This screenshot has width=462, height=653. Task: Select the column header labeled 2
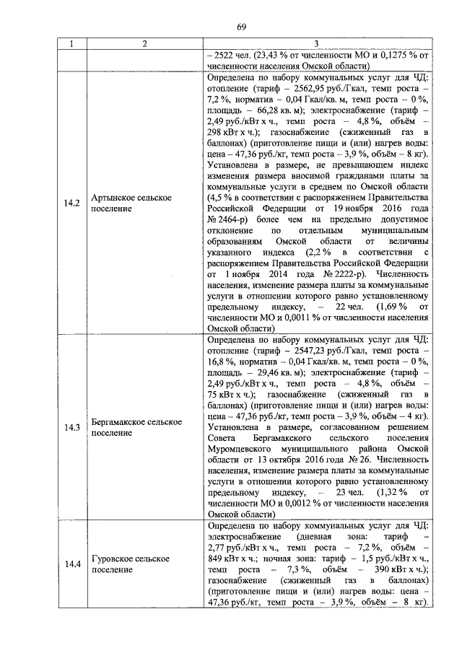point(144,45)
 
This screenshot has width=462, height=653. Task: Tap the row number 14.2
point(71,203)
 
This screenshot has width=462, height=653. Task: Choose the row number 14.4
point(71,564)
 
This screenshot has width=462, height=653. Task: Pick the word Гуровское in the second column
point(115,558)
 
